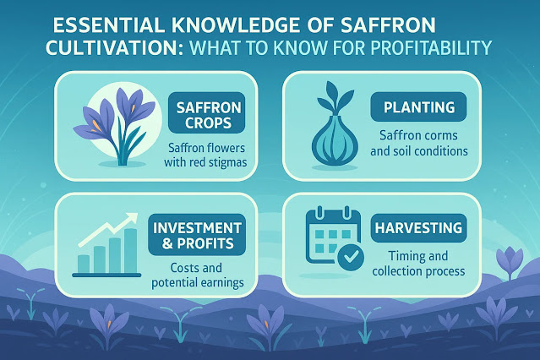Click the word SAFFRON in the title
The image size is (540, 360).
388,25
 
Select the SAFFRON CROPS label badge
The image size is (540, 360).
207,112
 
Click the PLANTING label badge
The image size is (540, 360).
419,106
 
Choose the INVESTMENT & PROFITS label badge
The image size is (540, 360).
197,235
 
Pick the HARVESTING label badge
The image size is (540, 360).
419,228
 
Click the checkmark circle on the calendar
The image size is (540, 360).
351,257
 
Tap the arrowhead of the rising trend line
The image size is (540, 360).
131,218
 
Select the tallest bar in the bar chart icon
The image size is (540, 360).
130,250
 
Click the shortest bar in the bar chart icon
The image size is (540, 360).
84,264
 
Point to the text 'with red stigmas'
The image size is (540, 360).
205,162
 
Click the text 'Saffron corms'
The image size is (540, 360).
419,135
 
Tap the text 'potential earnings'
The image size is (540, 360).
198,283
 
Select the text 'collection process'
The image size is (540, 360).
419,271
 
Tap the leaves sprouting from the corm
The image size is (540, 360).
335,98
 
